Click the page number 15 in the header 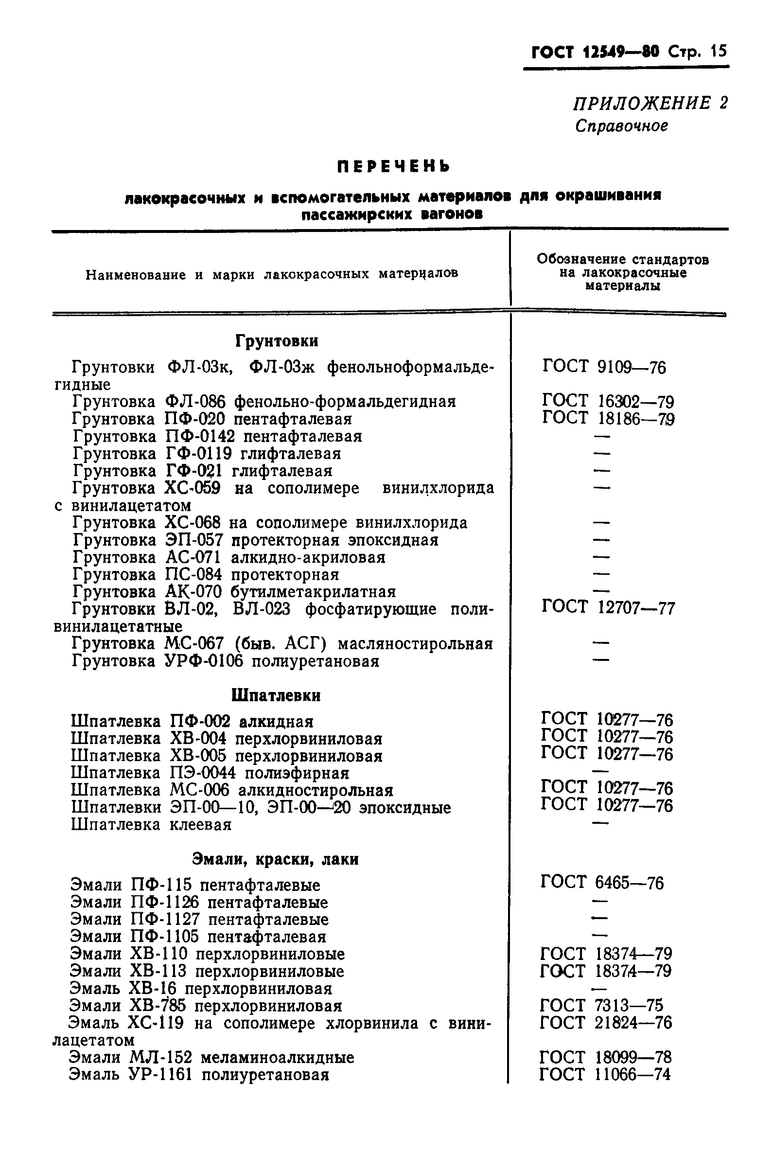pyautogui.click(x=719, y=51)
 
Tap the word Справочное pyautogui.click(x=622, y=126)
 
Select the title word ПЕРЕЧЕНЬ pyautogui.click(x=393, y=167)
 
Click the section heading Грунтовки pyautogui.click(x=277, y=341)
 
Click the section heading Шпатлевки pyautogui.click(x=276, y=695)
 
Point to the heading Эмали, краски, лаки pyautogui.click(x=275, y=859)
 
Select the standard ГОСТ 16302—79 pyautogui.click(x=608, y=401)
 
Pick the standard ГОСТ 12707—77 pyautogui.click(x=608, y=607)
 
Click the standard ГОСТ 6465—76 pyautogui.click(x=602, y=882)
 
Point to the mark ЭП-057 pyautogui.click(x=194, y=540)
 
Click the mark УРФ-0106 pyautogui.click(x=204, y=661)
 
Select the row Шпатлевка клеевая pyautogui.click(x=151, y=825)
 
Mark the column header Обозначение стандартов pyautogui.click(x=623, y=259)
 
